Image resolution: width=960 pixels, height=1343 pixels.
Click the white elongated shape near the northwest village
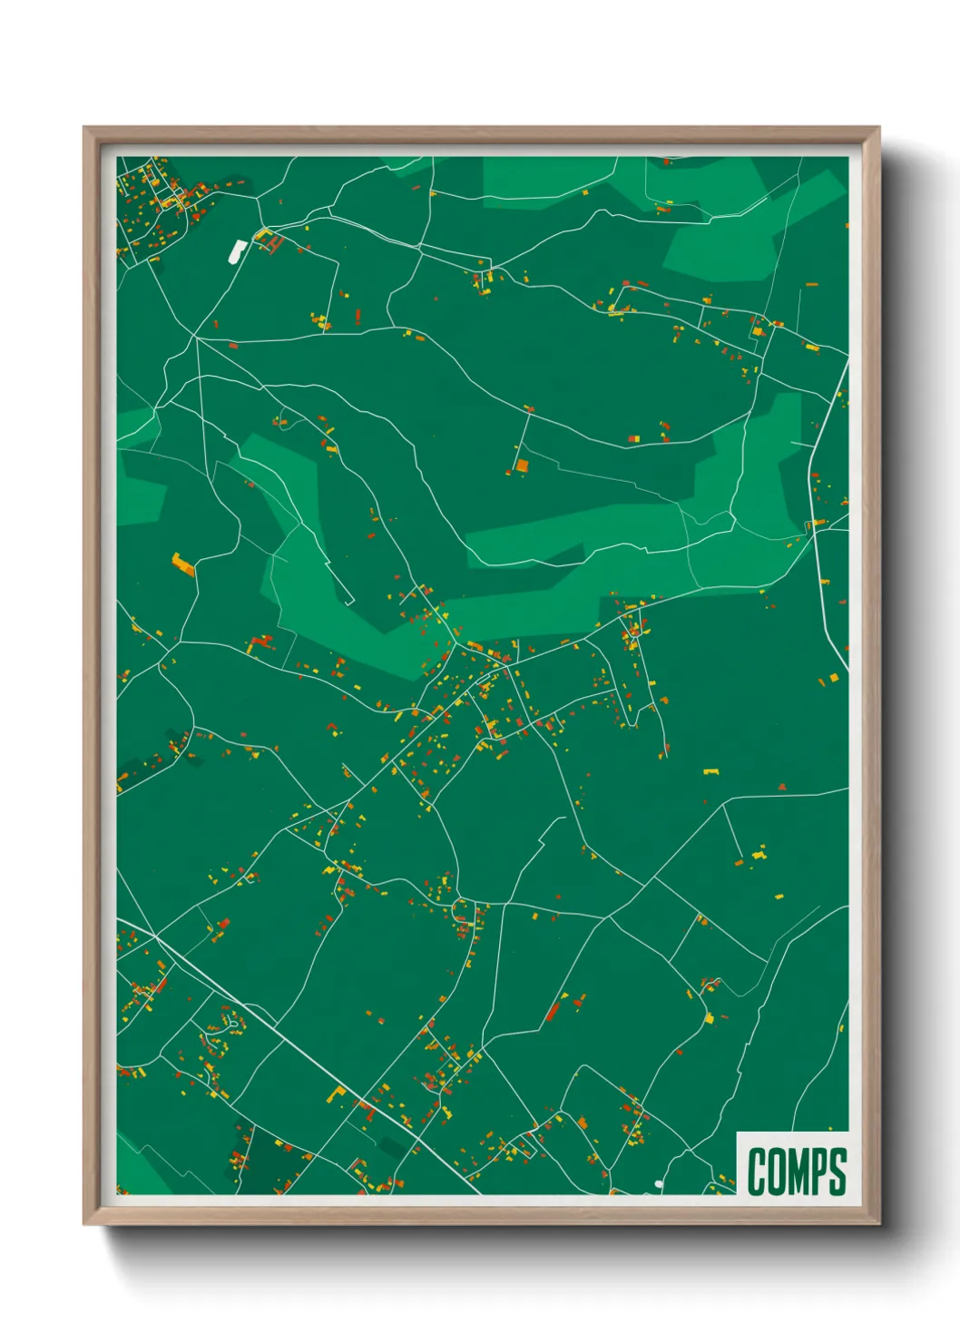pos(237,250)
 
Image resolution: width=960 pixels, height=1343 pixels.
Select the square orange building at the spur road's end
pos(522,466)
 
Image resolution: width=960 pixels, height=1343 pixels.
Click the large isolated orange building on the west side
pos(183,564)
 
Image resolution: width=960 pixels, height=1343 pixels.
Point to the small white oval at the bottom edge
pos(659,1184)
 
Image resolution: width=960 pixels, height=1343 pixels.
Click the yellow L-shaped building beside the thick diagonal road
pos(337,1094)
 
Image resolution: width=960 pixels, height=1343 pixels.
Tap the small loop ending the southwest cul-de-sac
pos(233,1024)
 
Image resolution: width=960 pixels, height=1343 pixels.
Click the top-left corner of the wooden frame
pos(84,128)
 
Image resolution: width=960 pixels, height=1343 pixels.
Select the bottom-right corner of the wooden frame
pos(877,1222)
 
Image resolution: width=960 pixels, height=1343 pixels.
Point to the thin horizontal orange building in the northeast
pos(809,346)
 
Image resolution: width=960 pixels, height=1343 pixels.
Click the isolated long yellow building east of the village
pos(711,771)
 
